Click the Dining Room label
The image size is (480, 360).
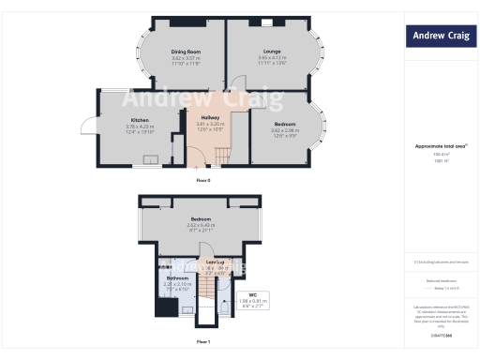coord(186,52)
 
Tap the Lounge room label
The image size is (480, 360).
coord(272,52)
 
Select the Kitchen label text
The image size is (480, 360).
coord(139,121)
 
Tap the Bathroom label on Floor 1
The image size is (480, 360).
coord(178,277)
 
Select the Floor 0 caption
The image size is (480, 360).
coord(203,178)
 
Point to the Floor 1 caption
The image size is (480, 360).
coord(203,341)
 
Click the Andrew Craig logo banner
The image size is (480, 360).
coord(439,37)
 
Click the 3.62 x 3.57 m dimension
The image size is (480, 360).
coord(186,58)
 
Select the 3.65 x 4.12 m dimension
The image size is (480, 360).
coord(272,58)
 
